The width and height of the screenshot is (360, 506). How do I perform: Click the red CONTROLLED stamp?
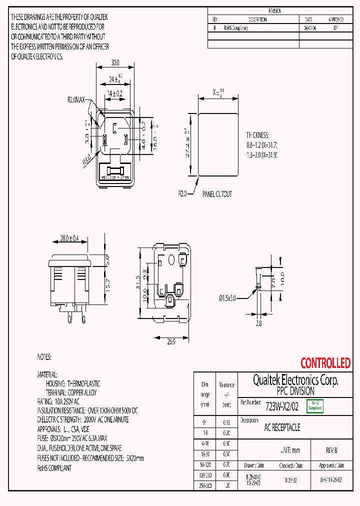pos(325,363)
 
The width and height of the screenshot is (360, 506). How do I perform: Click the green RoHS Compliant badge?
pos(314,406)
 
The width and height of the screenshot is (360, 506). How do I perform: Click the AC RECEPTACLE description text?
pos(282,428)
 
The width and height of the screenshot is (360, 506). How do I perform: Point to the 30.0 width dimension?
pos(115,63)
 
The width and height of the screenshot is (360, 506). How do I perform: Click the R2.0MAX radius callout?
pos(77,99)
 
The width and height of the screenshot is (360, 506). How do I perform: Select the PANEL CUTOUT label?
pos(217,194)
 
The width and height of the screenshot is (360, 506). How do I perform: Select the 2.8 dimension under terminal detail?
pos(258,324)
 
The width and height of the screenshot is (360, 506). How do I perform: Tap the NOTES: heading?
pos(44,357)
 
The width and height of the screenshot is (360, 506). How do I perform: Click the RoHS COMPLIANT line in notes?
pos(54,468)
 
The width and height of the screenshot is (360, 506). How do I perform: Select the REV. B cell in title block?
pos(332,450)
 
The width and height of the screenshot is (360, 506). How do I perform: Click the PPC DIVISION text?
pos(295,391)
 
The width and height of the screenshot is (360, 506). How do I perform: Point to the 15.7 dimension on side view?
pos(106,284)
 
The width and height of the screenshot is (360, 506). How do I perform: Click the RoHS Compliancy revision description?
pos(236,28)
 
